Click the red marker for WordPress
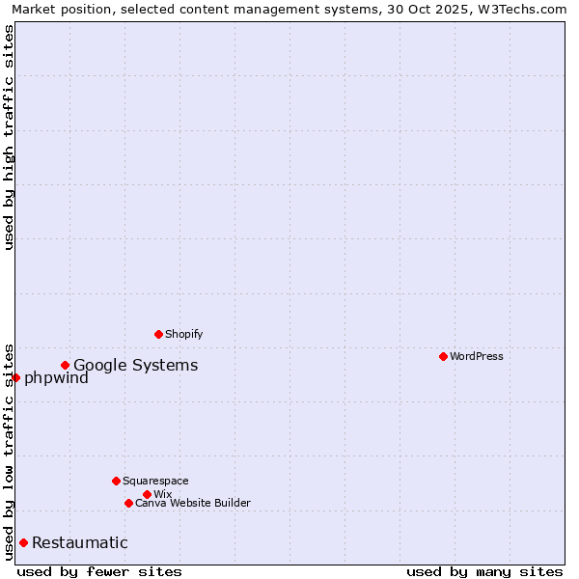443,356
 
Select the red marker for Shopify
158,334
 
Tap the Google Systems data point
65,365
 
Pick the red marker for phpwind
15,377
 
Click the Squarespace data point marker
116,481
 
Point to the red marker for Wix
147,494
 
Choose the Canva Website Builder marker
128,503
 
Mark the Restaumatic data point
23,542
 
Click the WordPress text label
477,356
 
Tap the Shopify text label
183,334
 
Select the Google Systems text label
136,365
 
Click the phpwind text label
56,377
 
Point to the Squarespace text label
155,481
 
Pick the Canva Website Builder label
193,503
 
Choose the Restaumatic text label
80,542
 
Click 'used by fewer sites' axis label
99,571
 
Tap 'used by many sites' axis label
484,571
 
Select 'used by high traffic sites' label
9,137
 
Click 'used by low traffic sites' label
9,451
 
